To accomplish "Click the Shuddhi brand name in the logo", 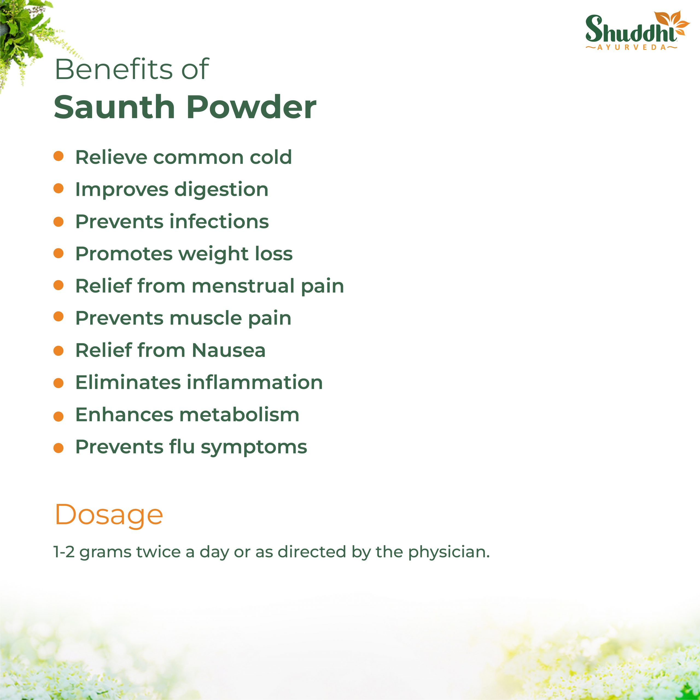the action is pyautogui.click(x=631, y=29).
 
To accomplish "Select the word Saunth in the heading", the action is pyautogui.click(x=115, y=107).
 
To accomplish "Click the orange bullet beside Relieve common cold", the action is pyautogui.click(x=58, y=156).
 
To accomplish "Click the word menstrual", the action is pyautogui.click(x=243, y=286).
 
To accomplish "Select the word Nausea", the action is pyautogui.click(x=229, y=350).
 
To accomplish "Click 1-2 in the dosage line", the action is pyautogui.click(x=64, y=552).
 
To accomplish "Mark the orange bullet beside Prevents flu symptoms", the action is pyautogui.click(x=58, y=448).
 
